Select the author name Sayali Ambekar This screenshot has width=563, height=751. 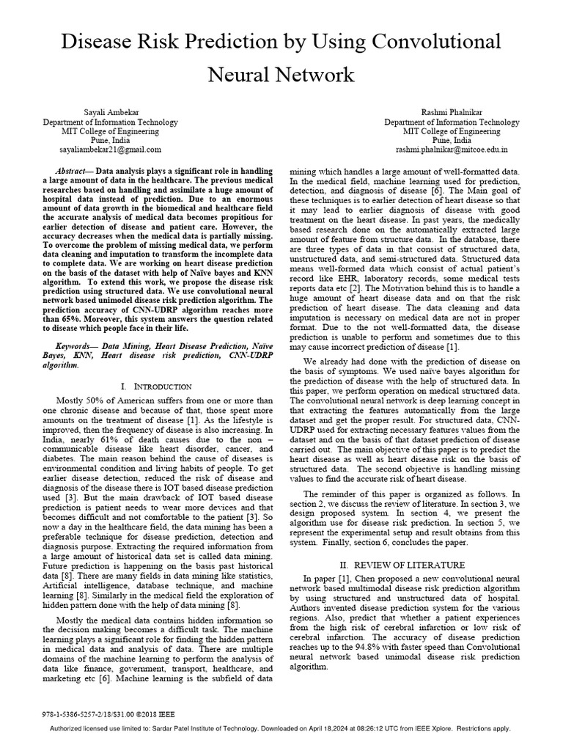point(110,111)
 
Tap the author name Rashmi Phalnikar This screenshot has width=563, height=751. point(452,111)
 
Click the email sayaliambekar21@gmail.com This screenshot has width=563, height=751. point(110,149)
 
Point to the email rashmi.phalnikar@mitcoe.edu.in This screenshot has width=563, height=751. point(452,149)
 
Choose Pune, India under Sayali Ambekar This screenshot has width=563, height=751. point(110,140)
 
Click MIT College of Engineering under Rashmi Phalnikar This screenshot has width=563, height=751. point(452,131)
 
